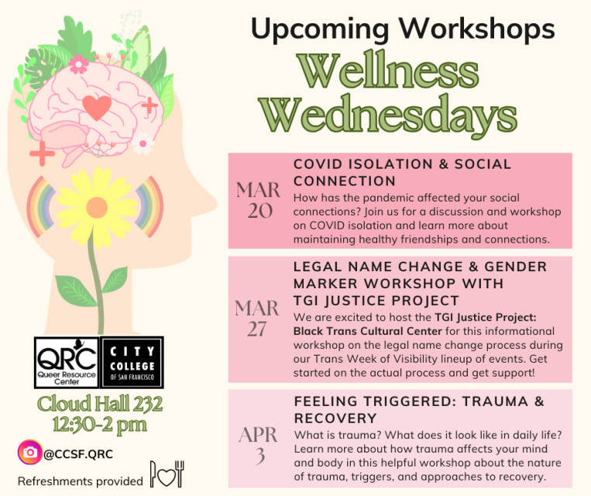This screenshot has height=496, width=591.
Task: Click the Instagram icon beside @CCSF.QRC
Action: [x=30, y=452]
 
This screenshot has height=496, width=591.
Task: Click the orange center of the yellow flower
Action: [x=98, y=207]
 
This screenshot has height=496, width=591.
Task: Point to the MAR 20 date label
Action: [x=259, y=200]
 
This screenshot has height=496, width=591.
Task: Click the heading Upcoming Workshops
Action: [x=403, y=29]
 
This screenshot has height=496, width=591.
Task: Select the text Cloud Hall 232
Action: [x=101, y=404]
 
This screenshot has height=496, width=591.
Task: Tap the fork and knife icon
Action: [x=167, y=474]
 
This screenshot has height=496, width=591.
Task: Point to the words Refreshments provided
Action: [x=81, y=480]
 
